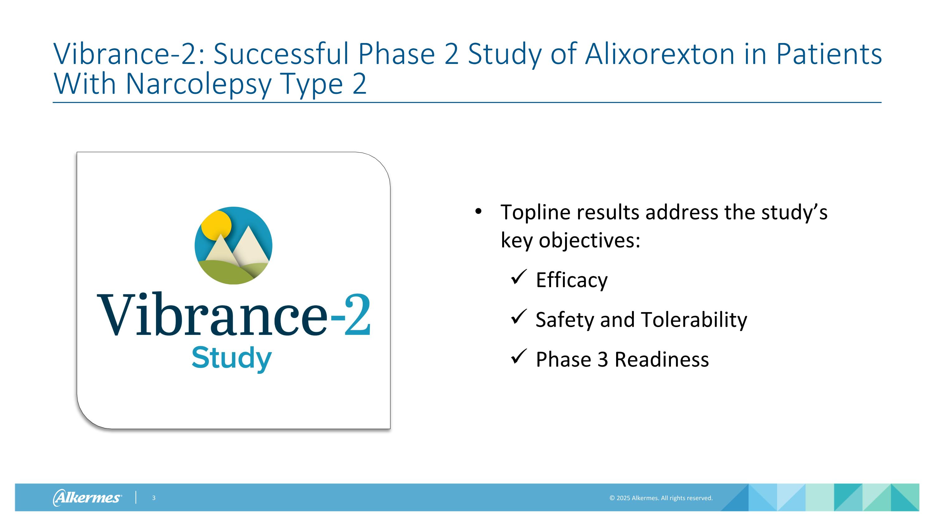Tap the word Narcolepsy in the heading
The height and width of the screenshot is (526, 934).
pos(198,84)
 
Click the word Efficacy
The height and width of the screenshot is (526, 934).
pos(571,280)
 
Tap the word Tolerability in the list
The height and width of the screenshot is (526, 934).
pos(694,320)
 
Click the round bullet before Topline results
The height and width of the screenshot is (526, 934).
pos(478,211)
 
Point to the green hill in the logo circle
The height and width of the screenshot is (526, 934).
pos(225,272)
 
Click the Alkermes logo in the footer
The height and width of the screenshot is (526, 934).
pos(87,497)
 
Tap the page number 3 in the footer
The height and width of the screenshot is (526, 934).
pos(154,498)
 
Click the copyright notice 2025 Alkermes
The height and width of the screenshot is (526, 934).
pos(661,498)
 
